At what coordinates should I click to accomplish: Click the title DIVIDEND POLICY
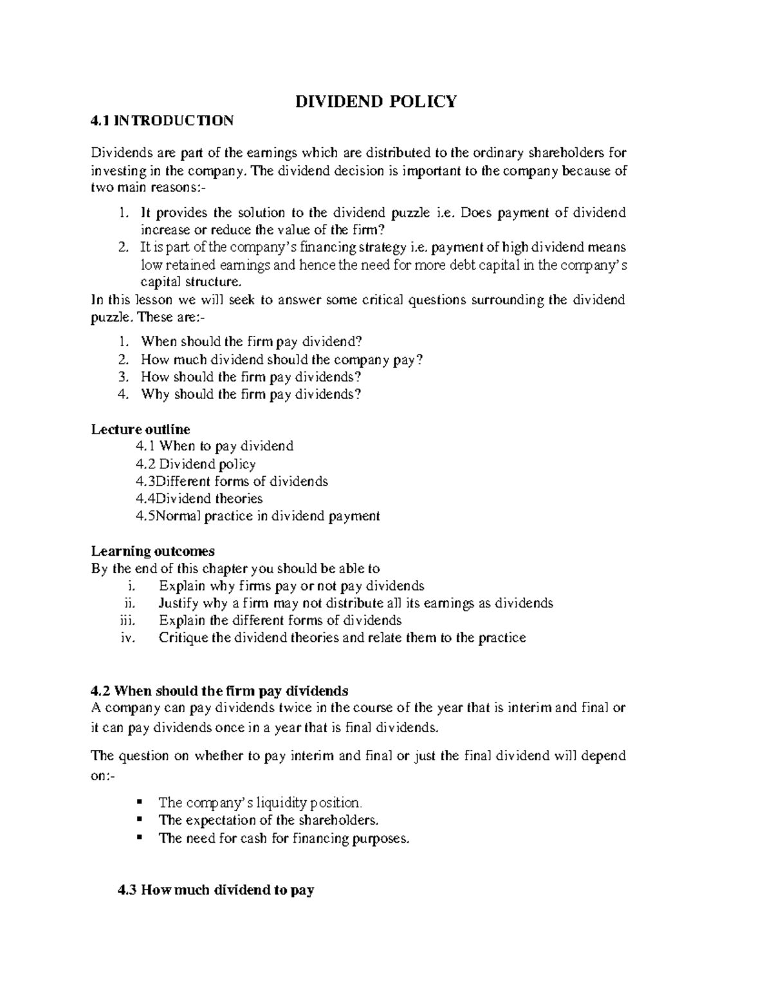376,102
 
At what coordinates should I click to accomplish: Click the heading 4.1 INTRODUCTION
162,120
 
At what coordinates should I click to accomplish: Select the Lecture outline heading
140,429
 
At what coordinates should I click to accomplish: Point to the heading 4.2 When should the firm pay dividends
219,691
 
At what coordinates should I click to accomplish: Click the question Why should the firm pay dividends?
251,394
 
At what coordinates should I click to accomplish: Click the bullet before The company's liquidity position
140,803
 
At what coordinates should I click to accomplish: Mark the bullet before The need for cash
140,838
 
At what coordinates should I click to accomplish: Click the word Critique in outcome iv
182,638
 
